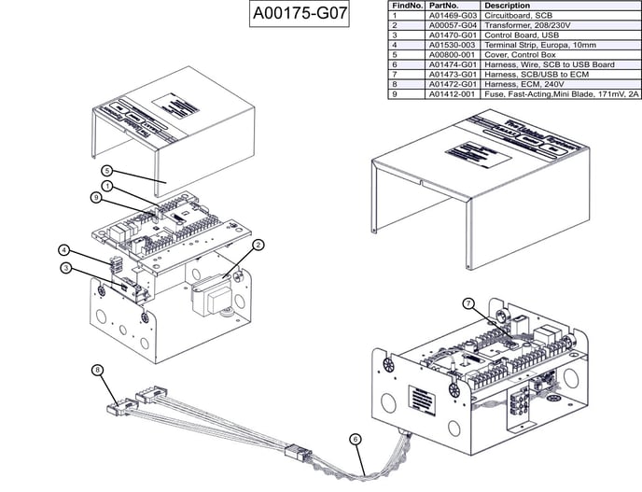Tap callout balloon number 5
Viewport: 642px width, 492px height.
click(107, 171)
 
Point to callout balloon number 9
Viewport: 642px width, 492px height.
click(95, 197)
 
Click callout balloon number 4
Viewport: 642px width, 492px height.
click(63, 249)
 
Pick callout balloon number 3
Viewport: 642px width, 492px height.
click(65, 268)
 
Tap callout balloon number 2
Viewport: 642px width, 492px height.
click(258, 245)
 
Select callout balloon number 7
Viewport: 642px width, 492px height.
click(469, 303)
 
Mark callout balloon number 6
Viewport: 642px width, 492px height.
click(355, 438)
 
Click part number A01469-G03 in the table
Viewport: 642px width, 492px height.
click(452, 16)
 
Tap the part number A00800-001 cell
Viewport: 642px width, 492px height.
click(452, 54)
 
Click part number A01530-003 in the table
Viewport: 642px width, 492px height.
click(452, 45)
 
